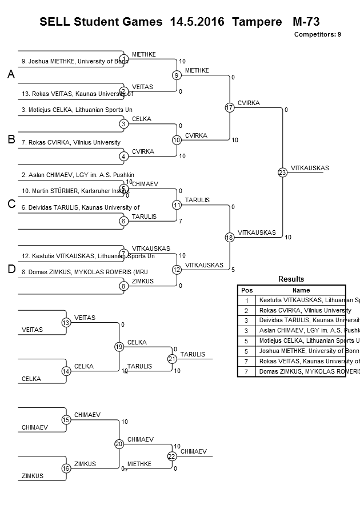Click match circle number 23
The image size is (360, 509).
pyautogui.click(x=282, y=172)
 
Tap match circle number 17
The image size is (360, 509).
pyautogui.click(x=230, y=107)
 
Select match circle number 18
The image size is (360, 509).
pyautogui.click(x=230, y=237)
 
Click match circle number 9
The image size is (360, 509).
pyautogui.click(x=177, y=75)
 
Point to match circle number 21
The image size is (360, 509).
pyautogui.click(x=172, y=359)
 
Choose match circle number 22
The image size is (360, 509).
pyautogui.click(x=172, y=456)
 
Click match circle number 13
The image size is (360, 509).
pyautogui.click(x=66, y=323)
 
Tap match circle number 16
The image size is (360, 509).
pyautogui.click(x=66, y=468)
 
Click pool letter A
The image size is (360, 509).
pyautogui.click(x=10, y=75)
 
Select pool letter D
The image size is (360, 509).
pyautogui.click(x=10, y=270)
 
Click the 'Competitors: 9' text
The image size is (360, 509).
pyautogui.click(x=317, y=34)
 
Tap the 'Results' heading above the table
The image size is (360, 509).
pyautogui.click(x=291, y=279)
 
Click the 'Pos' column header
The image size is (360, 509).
pyautogui.click(x=247, y=290)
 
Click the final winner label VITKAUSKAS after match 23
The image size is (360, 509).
pyautogui.click(x=310, y=168)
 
